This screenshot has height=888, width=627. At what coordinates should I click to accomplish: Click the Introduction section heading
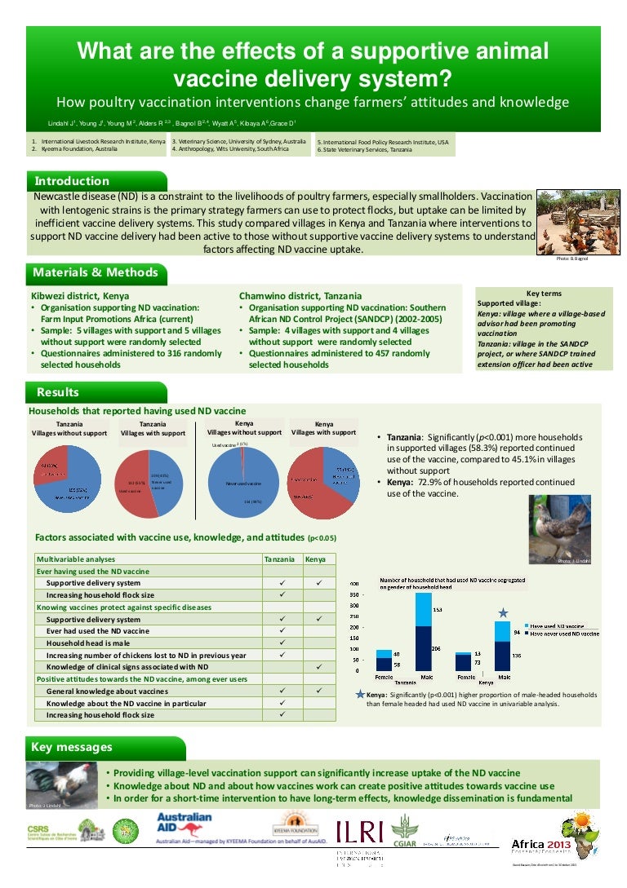point(70,181)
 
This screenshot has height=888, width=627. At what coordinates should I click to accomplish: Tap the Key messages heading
point(72,747)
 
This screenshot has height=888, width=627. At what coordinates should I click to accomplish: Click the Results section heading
point(57,393)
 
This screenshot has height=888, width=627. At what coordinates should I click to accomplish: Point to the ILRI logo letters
point(359,831)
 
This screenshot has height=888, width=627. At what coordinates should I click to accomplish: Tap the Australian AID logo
point(184,823)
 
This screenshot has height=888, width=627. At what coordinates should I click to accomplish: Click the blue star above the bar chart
point(504,612)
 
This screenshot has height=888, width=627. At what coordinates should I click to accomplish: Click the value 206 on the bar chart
point(435,647)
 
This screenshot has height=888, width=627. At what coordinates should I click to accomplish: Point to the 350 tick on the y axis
point(354,595)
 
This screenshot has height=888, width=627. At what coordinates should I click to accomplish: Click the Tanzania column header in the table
point(280,559)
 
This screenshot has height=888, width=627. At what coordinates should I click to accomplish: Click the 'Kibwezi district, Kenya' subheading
point(79,295)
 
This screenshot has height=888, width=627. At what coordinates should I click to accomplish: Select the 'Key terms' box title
point(544,294)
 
